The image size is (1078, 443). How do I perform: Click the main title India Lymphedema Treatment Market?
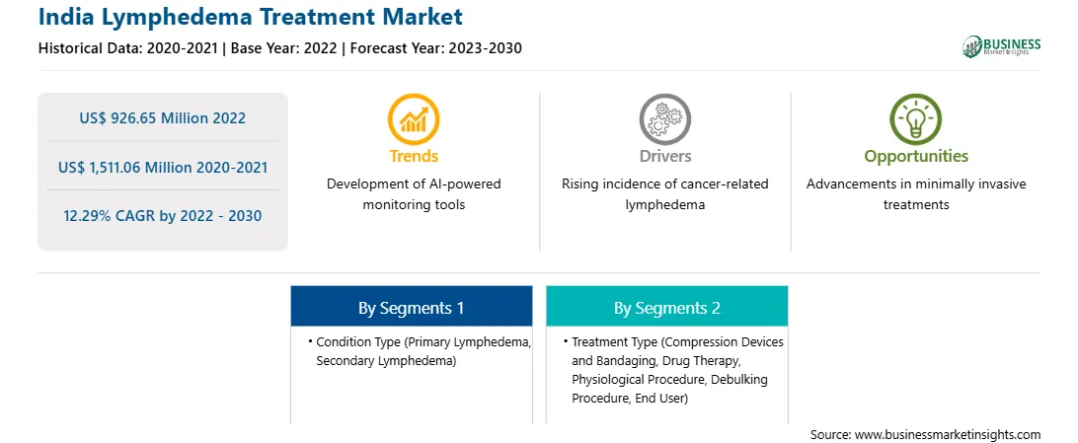(251, 17)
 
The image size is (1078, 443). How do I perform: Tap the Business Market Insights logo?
(1001, 46)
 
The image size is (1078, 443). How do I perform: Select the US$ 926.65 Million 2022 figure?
(162, 118)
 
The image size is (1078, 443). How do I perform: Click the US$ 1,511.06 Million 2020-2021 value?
(163, 167)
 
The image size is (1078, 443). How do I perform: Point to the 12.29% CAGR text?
(162, 216)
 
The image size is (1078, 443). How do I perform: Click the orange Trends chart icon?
(414, 118)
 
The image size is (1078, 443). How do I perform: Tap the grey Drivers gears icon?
(664, 118)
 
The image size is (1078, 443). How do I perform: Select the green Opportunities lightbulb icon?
(916, 118)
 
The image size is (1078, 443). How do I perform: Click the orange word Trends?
(414, 156)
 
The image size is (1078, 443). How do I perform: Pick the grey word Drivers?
(664, 156)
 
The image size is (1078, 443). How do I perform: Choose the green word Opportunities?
(916, 157)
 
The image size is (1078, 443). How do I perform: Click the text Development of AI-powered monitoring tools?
(414, 194)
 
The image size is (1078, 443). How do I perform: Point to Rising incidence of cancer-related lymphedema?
(664, 194)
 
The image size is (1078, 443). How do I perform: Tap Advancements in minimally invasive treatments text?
(916, 194)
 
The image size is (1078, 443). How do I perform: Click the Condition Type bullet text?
(420, 351)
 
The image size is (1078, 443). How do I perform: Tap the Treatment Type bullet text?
(673, 370)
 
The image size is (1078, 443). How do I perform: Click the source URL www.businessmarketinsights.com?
(948, 434)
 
